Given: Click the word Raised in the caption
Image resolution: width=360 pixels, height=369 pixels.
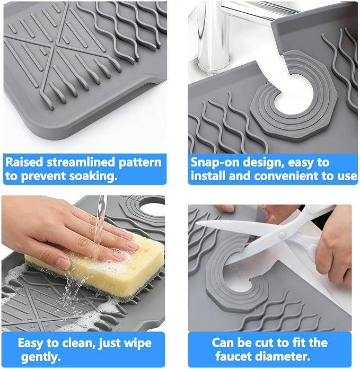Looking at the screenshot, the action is pos(24,162).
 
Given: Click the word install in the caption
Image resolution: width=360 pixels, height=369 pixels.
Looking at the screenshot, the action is pos(208,176).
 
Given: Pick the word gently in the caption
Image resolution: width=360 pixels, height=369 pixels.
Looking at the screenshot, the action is pos(41,357).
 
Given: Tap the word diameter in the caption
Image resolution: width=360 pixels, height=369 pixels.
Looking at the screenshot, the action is pos(283,356).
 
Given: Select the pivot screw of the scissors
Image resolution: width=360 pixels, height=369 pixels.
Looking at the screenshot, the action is pos(282,234).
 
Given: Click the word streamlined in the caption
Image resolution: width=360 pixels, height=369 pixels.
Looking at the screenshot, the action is pos(81,162).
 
